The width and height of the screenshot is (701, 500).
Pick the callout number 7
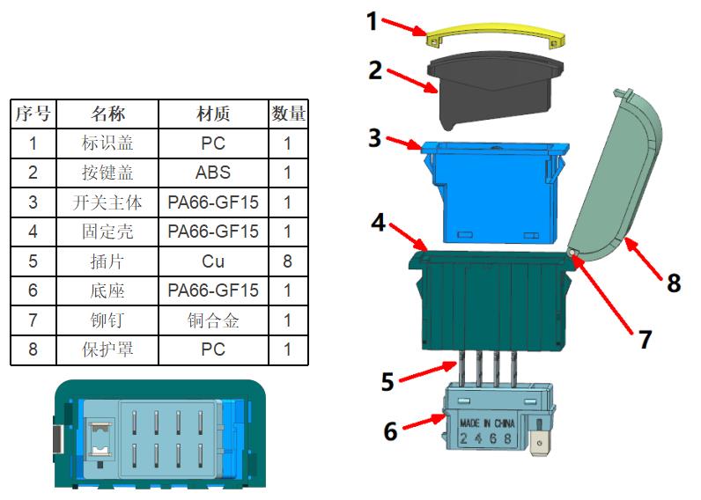click(x=646, y=339)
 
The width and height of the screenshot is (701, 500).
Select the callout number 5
click(x=387, y=382)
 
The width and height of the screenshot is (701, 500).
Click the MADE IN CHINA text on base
click(x=487, y=423)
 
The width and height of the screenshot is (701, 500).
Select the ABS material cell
click(x=213, y=173)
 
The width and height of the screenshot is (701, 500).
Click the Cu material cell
click(x=213, y=261)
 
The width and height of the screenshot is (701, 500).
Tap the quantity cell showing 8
click(x=288, y=261)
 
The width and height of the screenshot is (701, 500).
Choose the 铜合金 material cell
click(x=213, y=320)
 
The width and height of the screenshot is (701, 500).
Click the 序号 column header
click(x=33, y=114)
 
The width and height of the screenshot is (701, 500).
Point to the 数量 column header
click(x=288, y=114)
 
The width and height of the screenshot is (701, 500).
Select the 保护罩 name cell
click(x=107, y=349)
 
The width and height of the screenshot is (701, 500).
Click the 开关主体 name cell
click(x=107, y=202)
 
